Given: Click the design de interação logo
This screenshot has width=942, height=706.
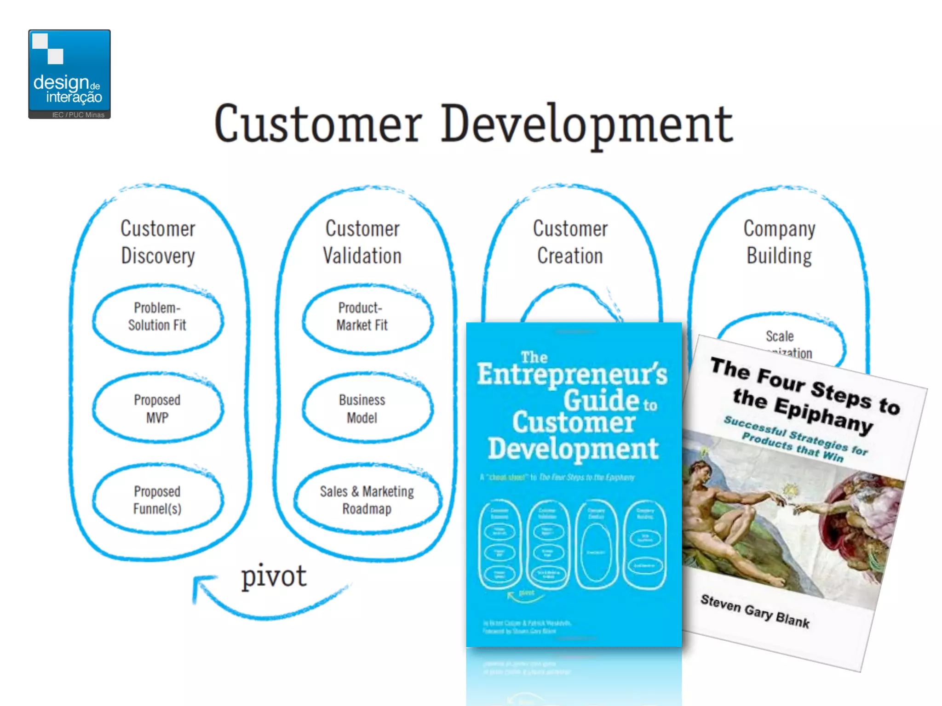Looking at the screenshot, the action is [69, 74].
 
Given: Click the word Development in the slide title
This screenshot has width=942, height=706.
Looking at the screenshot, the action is [587, 124].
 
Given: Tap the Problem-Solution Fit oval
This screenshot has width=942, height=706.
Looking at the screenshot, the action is [157, 317].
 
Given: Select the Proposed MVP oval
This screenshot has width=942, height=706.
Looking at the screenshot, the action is [157, 409].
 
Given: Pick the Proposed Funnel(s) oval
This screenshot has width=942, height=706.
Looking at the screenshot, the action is [157, 500].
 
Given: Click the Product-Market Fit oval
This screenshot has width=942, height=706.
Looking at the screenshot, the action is [362, 317].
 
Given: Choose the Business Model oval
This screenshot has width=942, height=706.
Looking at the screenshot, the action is [362, 409].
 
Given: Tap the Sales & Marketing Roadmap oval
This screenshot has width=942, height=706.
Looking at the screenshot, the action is [367, 500].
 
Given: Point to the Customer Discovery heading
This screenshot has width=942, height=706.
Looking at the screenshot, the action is [158, 242].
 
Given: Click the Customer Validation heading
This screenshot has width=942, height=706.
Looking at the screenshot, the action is [362, 242].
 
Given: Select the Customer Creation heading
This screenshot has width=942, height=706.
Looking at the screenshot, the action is [570, 242].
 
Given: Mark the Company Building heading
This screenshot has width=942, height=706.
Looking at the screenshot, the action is [780, 242].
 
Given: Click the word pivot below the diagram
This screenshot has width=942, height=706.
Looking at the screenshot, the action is [274, 576].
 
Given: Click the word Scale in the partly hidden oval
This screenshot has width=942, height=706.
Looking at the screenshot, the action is [780, 336].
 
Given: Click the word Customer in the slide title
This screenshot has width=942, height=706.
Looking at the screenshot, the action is [318, 124].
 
